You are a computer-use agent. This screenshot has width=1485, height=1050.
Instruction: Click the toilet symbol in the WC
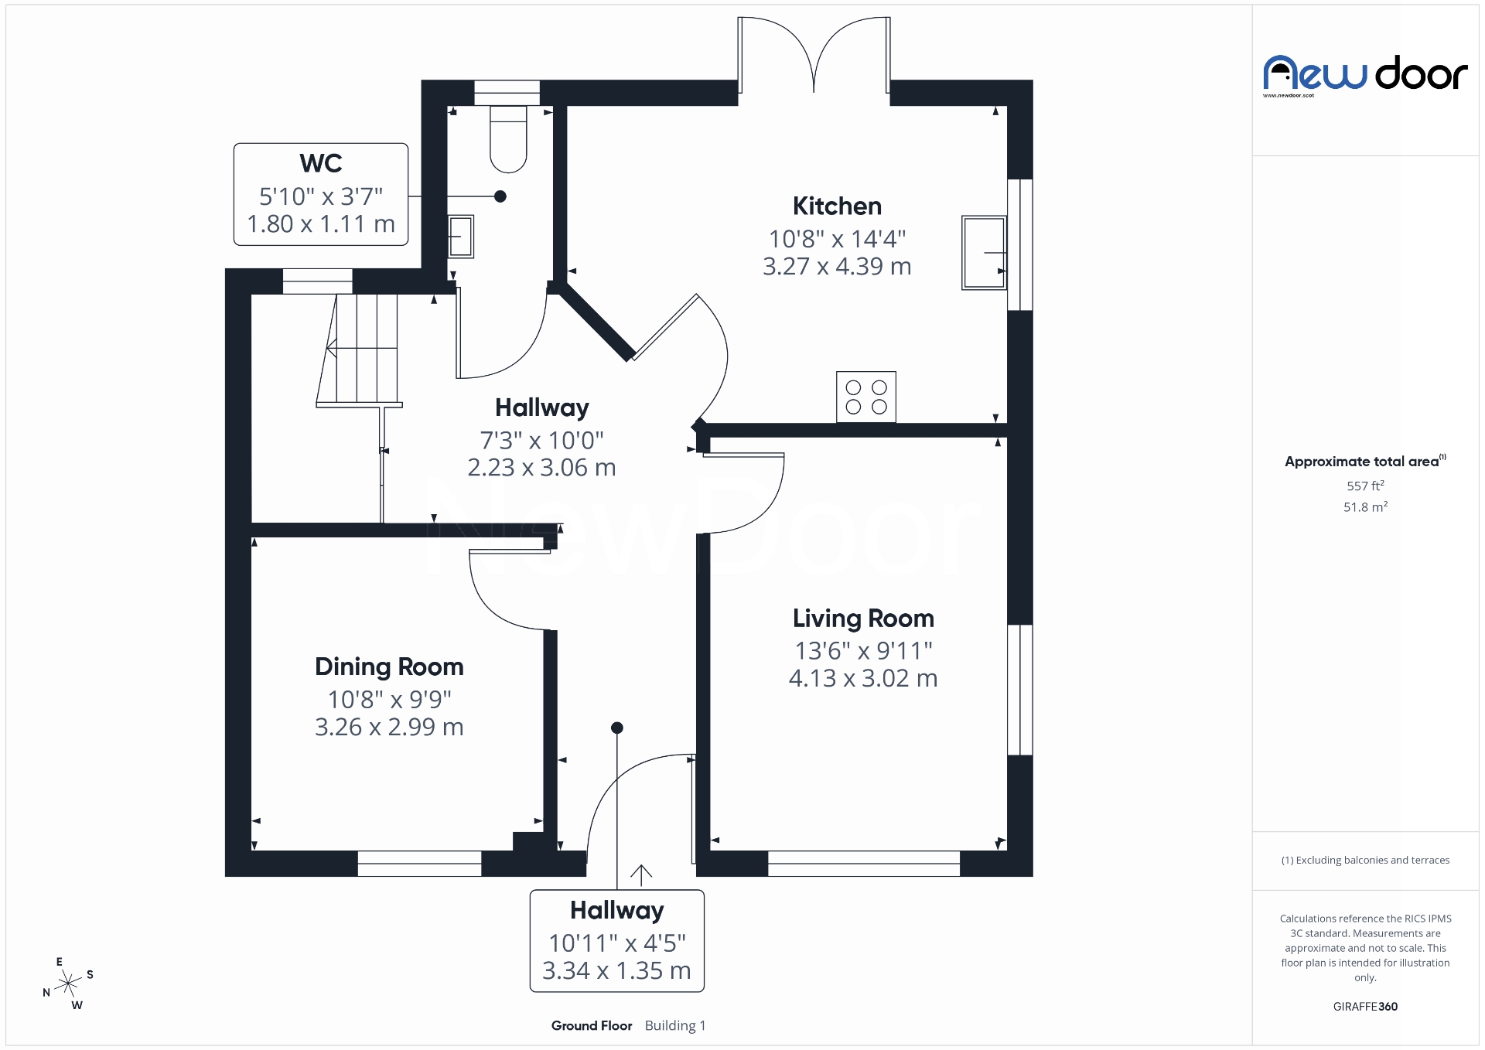click(508, 139)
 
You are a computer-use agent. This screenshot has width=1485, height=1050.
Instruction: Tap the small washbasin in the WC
click(461, 236)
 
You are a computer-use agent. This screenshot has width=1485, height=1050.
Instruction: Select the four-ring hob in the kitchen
click(865, 397)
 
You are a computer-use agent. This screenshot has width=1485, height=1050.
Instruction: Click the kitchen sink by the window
click(983, 253)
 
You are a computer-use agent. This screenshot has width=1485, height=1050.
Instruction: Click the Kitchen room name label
click(837, 206)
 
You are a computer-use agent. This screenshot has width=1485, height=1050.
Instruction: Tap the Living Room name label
click(863, 619)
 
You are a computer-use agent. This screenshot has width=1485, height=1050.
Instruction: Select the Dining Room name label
click(389, 666)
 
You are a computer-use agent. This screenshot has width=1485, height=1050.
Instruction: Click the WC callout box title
click(321, 164)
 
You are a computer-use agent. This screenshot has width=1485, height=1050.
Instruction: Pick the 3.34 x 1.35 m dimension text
click(616, 970)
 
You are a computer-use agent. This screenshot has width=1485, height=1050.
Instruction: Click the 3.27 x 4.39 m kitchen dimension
click(837, 266)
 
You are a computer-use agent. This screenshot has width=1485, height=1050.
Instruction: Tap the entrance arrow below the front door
click(640, 874)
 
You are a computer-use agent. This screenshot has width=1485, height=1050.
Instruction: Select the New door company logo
click(1365, 75)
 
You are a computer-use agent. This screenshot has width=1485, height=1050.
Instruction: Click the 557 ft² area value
click(1365, 486)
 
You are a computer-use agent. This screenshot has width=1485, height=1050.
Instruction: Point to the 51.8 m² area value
click(1365, 507)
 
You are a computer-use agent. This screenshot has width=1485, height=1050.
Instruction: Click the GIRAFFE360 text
click(1365, 1006)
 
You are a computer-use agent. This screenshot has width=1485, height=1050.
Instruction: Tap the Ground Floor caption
click(592, 1025)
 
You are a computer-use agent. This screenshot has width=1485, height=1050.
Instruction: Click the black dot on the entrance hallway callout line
click(617, 728)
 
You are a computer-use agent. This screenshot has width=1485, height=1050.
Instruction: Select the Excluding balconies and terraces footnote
click(1365, 860)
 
